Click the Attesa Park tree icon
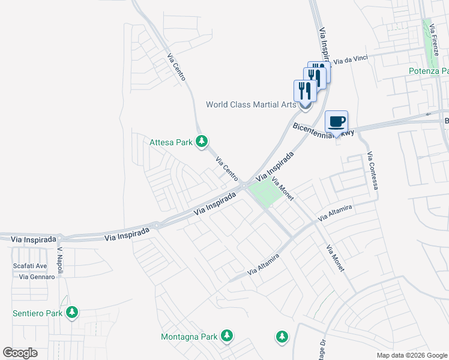point(203,142)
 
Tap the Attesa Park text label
point(171,142)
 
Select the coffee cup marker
point(337,121)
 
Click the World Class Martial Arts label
point(251,104)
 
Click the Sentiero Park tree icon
point(72,312)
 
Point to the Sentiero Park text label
point(38,313)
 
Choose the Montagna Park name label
point(188,337)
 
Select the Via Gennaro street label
point(37,277)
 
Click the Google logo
point(20,353)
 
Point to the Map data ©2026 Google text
point(412,355)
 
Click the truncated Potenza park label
point(429,71)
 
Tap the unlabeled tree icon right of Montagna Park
point(282,337)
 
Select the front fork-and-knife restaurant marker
point(305,91)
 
